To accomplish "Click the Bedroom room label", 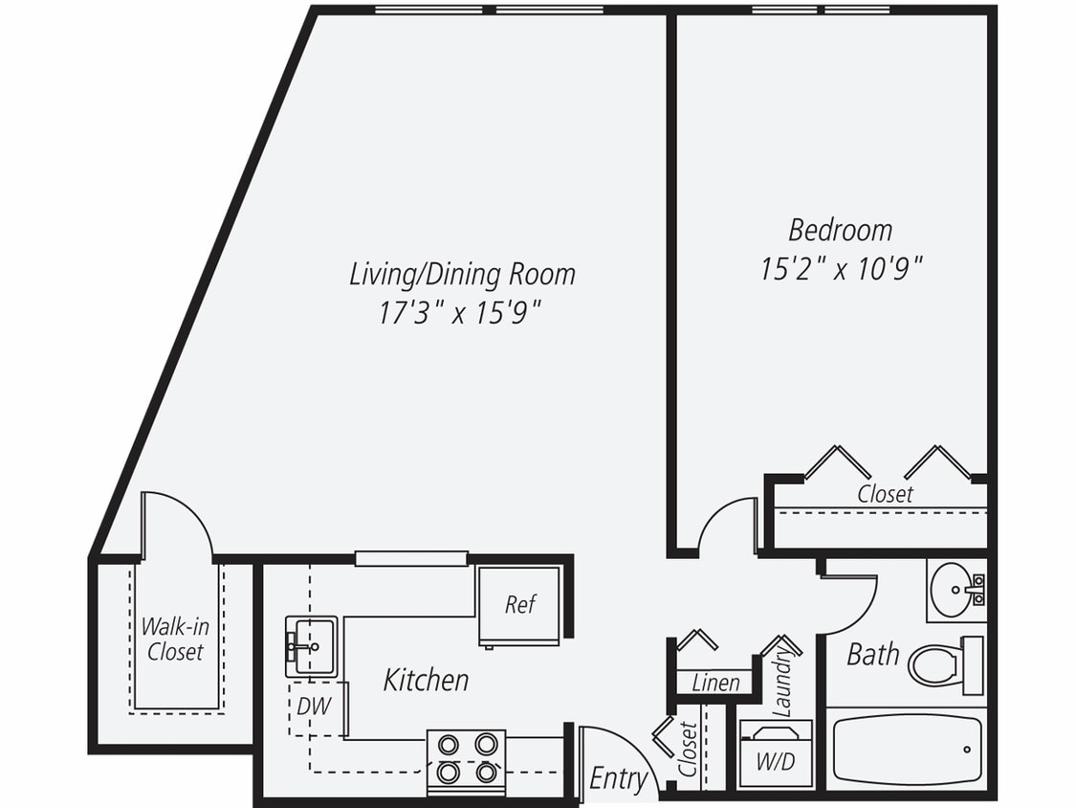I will click(840, 230).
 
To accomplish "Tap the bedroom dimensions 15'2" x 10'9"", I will click(841, 269).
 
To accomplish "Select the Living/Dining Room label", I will click(462, 274).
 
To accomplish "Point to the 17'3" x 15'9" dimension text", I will click(462, 313).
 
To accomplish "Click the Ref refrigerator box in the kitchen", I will click(519, 606).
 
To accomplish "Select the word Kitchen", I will click(426, 680).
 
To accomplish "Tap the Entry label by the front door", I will click(617, 778).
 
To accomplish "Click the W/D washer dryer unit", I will click(776, 755).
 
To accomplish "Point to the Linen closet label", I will click(715, 683).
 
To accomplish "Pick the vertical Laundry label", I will click(781, 680).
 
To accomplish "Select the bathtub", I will click(906, 750).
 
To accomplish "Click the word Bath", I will click(872, 655).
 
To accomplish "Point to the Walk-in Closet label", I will click(175, 640).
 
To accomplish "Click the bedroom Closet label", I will click(884, 494).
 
